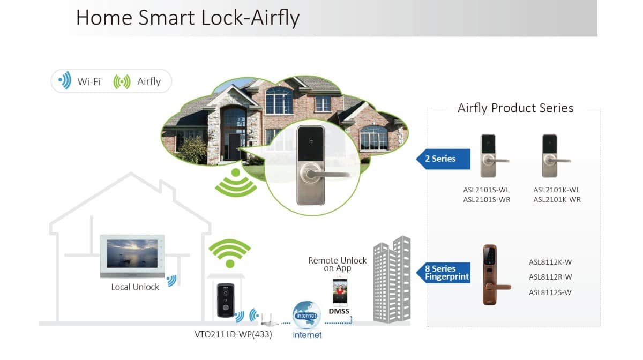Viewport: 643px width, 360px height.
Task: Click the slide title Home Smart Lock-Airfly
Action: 188,17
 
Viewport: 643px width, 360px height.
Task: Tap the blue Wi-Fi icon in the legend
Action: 65,81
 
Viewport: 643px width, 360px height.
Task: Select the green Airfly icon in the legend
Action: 122,81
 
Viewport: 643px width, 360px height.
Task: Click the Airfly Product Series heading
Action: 515,108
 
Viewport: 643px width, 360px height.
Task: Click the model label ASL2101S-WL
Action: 487,190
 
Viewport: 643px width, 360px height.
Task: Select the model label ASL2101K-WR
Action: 557,200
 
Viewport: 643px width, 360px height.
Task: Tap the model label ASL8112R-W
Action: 550,277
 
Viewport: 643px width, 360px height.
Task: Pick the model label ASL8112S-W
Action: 550,292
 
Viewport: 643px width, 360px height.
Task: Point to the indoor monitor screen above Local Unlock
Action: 132,254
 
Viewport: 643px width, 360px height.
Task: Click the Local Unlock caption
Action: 135,287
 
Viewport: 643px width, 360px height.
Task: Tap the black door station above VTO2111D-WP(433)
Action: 226,300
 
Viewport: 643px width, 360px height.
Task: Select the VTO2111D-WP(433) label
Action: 233,334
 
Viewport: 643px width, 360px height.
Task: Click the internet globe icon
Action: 306,316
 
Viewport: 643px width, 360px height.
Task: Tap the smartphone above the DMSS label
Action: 340,291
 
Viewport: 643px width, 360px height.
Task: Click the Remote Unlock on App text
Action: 338,264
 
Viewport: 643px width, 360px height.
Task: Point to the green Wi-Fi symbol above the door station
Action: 229,254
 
